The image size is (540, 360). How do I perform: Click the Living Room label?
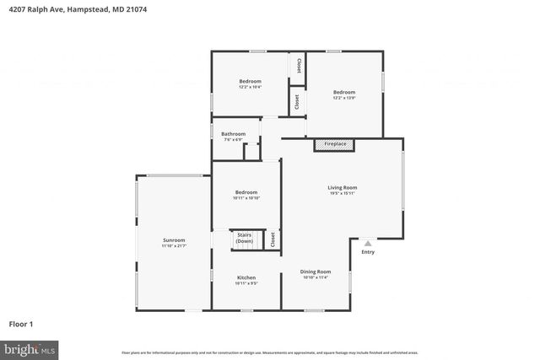click(343, 187)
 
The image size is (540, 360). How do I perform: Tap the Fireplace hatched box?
click(335, 145)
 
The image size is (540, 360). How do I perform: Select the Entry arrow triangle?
click(367, 243)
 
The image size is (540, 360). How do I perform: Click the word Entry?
click(368, 252)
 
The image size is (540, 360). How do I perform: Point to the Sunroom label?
click(174, 240)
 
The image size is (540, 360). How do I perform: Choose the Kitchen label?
click(246, 277)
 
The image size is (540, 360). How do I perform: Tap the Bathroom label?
click(234, 133)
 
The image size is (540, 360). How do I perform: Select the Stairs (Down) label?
click(245, 238)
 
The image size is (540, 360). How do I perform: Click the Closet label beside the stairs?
click(273, 239)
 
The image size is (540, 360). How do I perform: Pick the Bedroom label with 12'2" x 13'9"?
click(343, 92)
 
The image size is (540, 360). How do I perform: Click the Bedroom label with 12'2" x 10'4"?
click(250, 81)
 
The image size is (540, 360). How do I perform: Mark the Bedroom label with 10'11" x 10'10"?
click(246, 192)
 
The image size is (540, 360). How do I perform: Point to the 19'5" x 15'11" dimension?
click(343, 194)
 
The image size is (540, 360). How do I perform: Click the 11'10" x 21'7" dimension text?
click(174, 246)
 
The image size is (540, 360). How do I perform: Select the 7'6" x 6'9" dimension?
click(234, 139)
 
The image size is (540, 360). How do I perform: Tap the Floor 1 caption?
click(21, 323)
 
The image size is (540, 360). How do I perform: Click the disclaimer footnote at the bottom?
click(270, 352)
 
